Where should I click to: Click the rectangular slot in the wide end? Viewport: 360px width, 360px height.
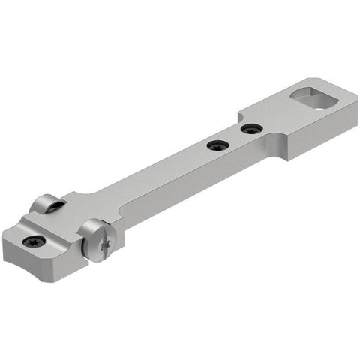click(313, 99)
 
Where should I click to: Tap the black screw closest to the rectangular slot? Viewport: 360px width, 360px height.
click(252, 129)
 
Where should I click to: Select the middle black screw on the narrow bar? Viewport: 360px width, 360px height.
click(217, 145)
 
